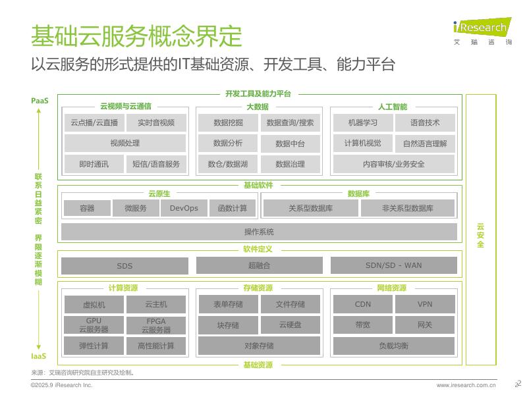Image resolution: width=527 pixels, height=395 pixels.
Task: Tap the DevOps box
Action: pos(184,208)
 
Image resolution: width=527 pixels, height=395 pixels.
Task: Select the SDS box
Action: pos(125,266)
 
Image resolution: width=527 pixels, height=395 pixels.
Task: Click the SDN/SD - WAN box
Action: pos(393,265)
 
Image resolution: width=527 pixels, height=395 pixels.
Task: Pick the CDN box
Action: pos(362,304)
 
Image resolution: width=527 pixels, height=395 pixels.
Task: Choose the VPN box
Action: pos(425,304)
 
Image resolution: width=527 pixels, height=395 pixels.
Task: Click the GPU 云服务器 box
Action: pos(93,325)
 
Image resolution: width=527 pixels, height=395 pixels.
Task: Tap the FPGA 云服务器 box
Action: pos(156,325)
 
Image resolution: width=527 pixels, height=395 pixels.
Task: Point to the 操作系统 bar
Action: pos(259,232)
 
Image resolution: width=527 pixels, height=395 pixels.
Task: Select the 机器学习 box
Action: pos(363,122)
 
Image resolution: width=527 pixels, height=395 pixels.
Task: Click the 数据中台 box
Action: pos(290,144)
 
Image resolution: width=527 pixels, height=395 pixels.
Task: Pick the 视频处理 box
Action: pos(125,144)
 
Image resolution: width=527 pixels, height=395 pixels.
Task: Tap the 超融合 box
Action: pos(259,265)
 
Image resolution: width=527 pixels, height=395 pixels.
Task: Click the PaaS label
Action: pos(40,101)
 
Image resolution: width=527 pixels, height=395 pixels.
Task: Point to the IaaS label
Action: pos(39,356)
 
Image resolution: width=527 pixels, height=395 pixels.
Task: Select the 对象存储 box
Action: pos(259,346)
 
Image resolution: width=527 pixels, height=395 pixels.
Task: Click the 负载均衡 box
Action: pos(393,346)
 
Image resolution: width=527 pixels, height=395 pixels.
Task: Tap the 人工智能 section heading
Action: pos(393,107)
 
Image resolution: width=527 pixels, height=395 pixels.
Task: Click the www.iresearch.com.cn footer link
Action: pos(466,385)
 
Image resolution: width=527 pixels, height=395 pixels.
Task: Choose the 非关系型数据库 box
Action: pos(408,208)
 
